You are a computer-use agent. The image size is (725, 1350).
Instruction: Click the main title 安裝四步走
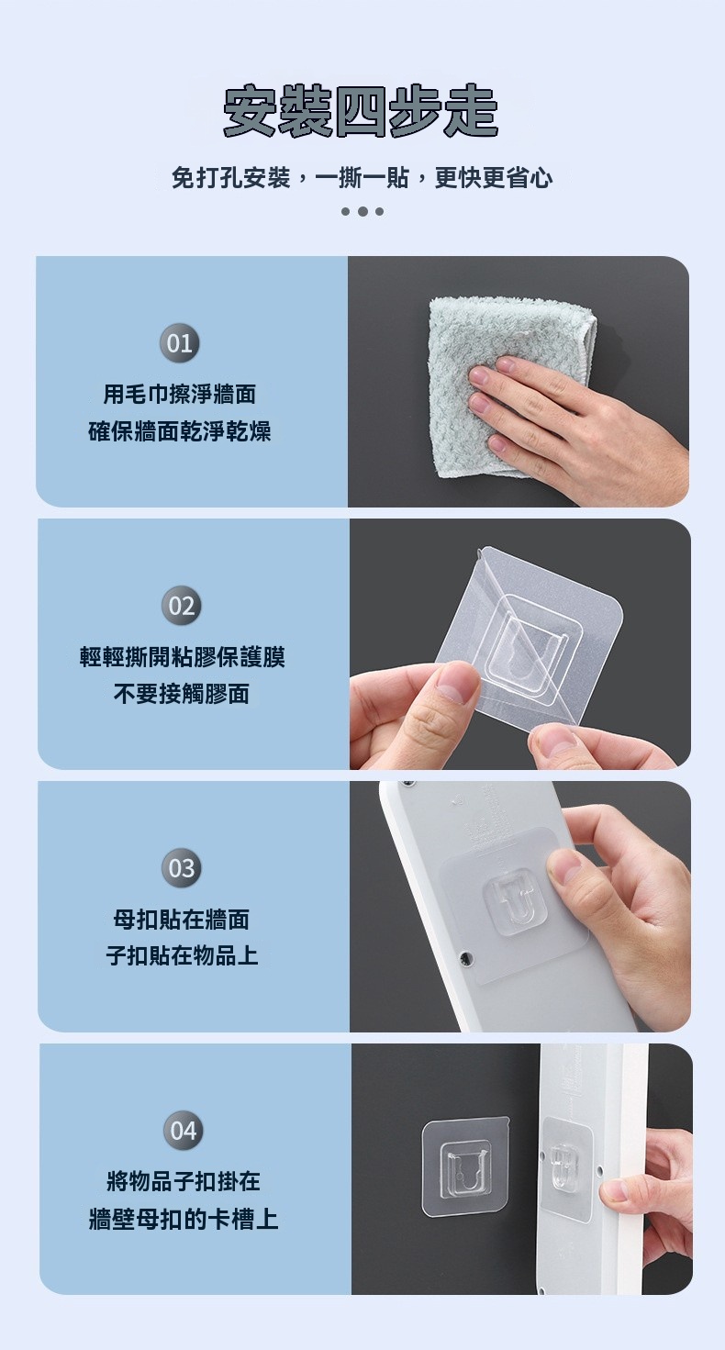point(361,111)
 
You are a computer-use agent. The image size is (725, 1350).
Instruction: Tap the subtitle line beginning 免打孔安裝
point(362,178)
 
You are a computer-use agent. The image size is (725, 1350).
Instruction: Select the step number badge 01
point(180,343)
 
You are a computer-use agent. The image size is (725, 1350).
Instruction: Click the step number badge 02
point(182,606)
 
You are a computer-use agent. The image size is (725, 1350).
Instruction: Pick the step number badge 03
point(182,868)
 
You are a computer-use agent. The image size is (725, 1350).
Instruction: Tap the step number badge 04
point(184,1131)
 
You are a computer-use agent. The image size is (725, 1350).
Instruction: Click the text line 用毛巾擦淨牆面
point(180,395)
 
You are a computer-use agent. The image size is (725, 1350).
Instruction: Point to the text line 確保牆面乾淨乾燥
point(180,431)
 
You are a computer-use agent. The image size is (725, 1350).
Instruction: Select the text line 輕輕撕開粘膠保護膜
point(182,657)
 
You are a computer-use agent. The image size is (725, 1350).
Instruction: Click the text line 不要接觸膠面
point(182,694)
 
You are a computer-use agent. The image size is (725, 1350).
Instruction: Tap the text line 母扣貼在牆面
point(182,920)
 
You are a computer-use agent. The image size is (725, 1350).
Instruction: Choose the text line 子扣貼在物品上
point(182,956)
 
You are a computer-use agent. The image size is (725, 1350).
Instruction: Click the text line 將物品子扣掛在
point(184,1182)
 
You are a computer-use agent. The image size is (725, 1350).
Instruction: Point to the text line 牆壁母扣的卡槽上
point(184,1219)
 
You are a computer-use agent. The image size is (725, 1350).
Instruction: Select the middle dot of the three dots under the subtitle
point(362,212)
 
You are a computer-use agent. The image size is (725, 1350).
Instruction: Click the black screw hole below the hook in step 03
point(465,956)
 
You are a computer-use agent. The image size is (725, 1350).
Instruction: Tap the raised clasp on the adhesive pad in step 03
point(516,901)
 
